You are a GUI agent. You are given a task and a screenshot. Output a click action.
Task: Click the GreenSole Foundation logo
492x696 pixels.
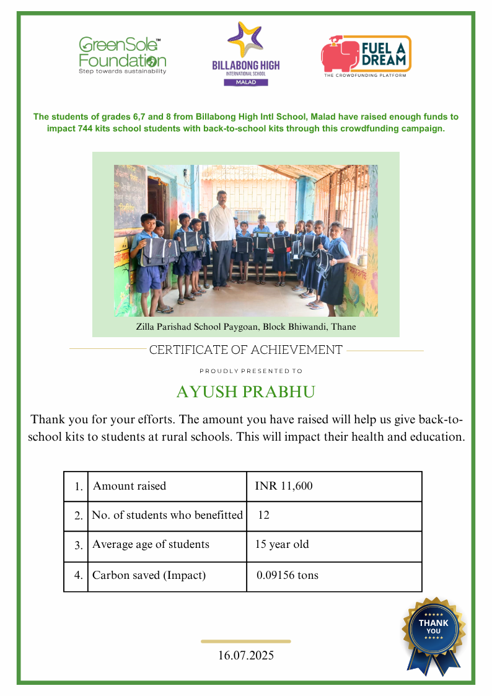pyautogui.click(x=122, y=56)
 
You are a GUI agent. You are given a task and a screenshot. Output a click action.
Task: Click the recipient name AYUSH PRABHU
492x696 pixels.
pyautogui.click(x=246, y=392)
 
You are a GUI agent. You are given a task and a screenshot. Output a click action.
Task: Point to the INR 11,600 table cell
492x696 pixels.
pyautogui.click(x=284, y=487)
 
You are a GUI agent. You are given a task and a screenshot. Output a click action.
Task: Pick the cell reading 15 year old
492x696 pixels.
pyautogui.click(x=282, y=545)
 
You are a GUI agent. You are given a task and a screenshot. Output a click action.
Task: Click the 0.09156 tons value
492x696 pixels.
pyautogui.click(x=288, y=575)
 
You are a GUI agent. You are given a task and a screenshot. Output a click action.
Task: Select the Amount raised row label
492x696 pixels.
pyautogui.click(x=130, y=487)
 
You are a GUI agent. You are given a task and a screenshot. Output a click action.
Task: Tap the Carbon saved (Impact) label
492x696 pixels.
pyautogui.click(x=149, y=575)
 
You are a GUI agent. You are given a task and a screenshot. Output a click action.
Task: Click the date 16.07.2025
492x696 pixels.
pyautogui.click(x=246, y=655)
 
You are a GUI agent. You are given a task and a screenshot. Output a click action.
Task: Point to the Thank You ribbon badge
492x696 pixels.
pyautogui.click(x=434, y=632)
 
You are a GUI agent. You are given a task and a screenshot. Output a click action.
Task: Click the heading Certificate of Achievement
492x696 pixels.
pyautogui.click(x=246, y=350)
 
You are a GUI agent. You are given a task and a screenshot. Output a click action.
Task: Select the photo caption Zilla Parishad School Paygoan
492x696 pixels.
pyautogui.click(x=246, y=327)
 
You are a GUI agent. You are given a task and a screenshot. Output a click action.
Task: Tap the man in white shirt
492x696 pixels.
pyautogui.click(x=222, y=239)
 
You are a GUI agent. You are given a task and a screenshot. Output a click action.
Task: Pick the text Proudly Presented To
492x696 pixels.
pyautogui.click(x=251, y=371)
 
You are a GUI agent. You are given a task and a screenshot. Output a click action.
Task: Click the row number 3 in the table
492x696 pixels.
pyautogui.click(x=78, y=546)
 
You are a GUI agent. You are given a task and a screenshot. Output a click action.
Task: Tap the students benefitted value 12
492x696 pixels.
pyautogui.click(x=264, y=515)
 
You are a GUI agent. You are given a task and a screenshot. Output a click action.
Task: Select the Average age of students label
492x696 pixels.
pyautogui.click(x=151, y=545)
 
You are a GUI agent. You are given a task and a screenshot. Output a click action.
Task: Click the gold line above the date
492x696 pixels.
pyautogui.click(x=246, y=641)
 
